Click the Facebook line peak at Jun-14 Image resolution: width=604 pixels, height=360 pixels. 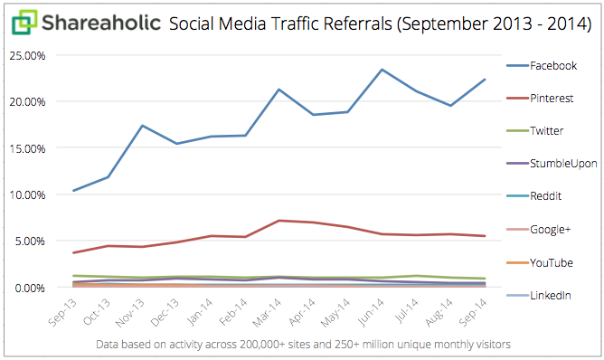pyautogui.click(x=382, y=70)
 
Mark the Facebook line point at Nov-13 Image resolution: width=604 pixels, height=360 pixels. pyautogui.click(x=142, y=126)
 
